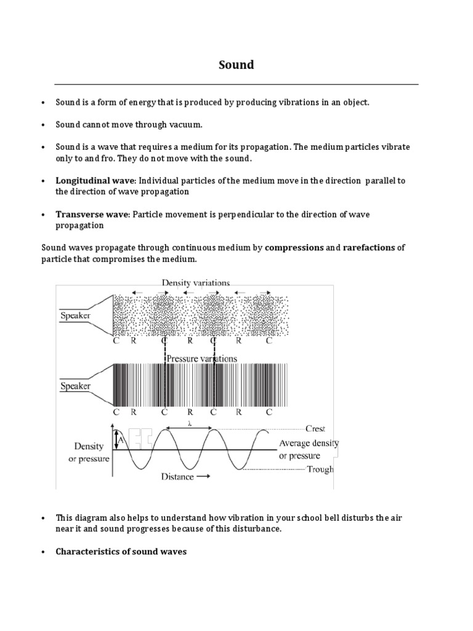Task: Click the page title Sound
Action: point(236,65)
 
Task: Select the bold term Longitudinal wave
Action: point(95,181)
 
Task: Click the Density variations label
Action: point(196,283)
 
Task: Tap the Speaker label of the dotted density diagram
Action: point(75,315)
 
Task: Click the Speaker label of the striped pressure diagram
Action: point(75,386)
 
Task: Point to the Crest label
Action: point(315,429)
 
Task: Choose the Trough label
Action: point(320,470)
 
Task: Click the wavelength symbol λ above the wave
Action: point(189,423)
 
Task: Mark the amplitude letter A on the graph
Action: point(121,440)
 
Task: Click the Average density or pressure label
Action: point(309,449)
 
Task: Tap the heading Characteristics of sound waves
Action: point(121,552)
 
